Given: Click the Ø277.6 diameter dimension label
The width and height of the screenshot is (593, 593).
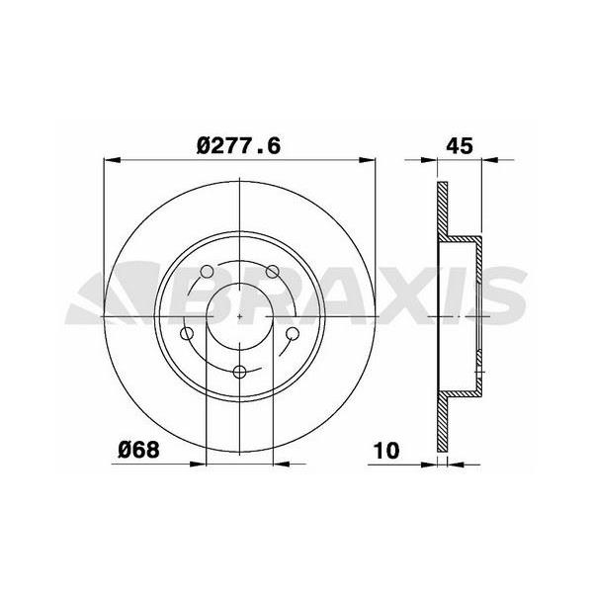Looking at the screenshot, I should tap(240, 145).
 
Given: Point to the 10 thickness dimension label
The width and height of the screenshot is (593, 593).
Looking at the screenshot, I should tap(386, 450).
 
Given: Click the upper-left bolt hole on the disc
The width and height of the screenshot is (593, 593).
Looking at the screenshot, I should tap(207, 274).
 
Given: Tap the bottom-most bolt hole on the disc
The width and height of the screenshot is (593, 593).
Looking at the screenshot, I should tap(241, 373).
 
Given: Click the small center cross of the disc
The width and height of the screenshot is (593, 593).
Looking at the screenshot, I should tap(241, 314).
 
